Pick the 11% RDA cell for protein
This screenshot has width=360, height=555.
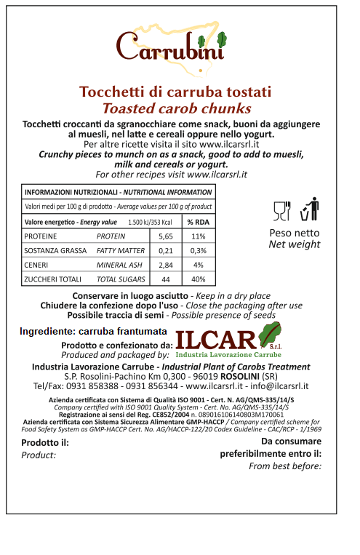coord(198,236)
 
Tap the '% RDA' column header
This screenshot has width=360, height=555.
coord(198,222)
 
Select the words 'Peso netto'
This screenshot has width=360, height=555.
coord(295,233)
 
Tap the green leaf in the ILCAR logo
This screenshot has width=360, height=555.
coord(273,336)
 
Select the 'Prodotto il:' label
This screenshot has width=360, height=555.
coord(45,442)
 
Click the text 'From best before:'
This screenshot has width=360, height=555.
coord(285,466)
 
